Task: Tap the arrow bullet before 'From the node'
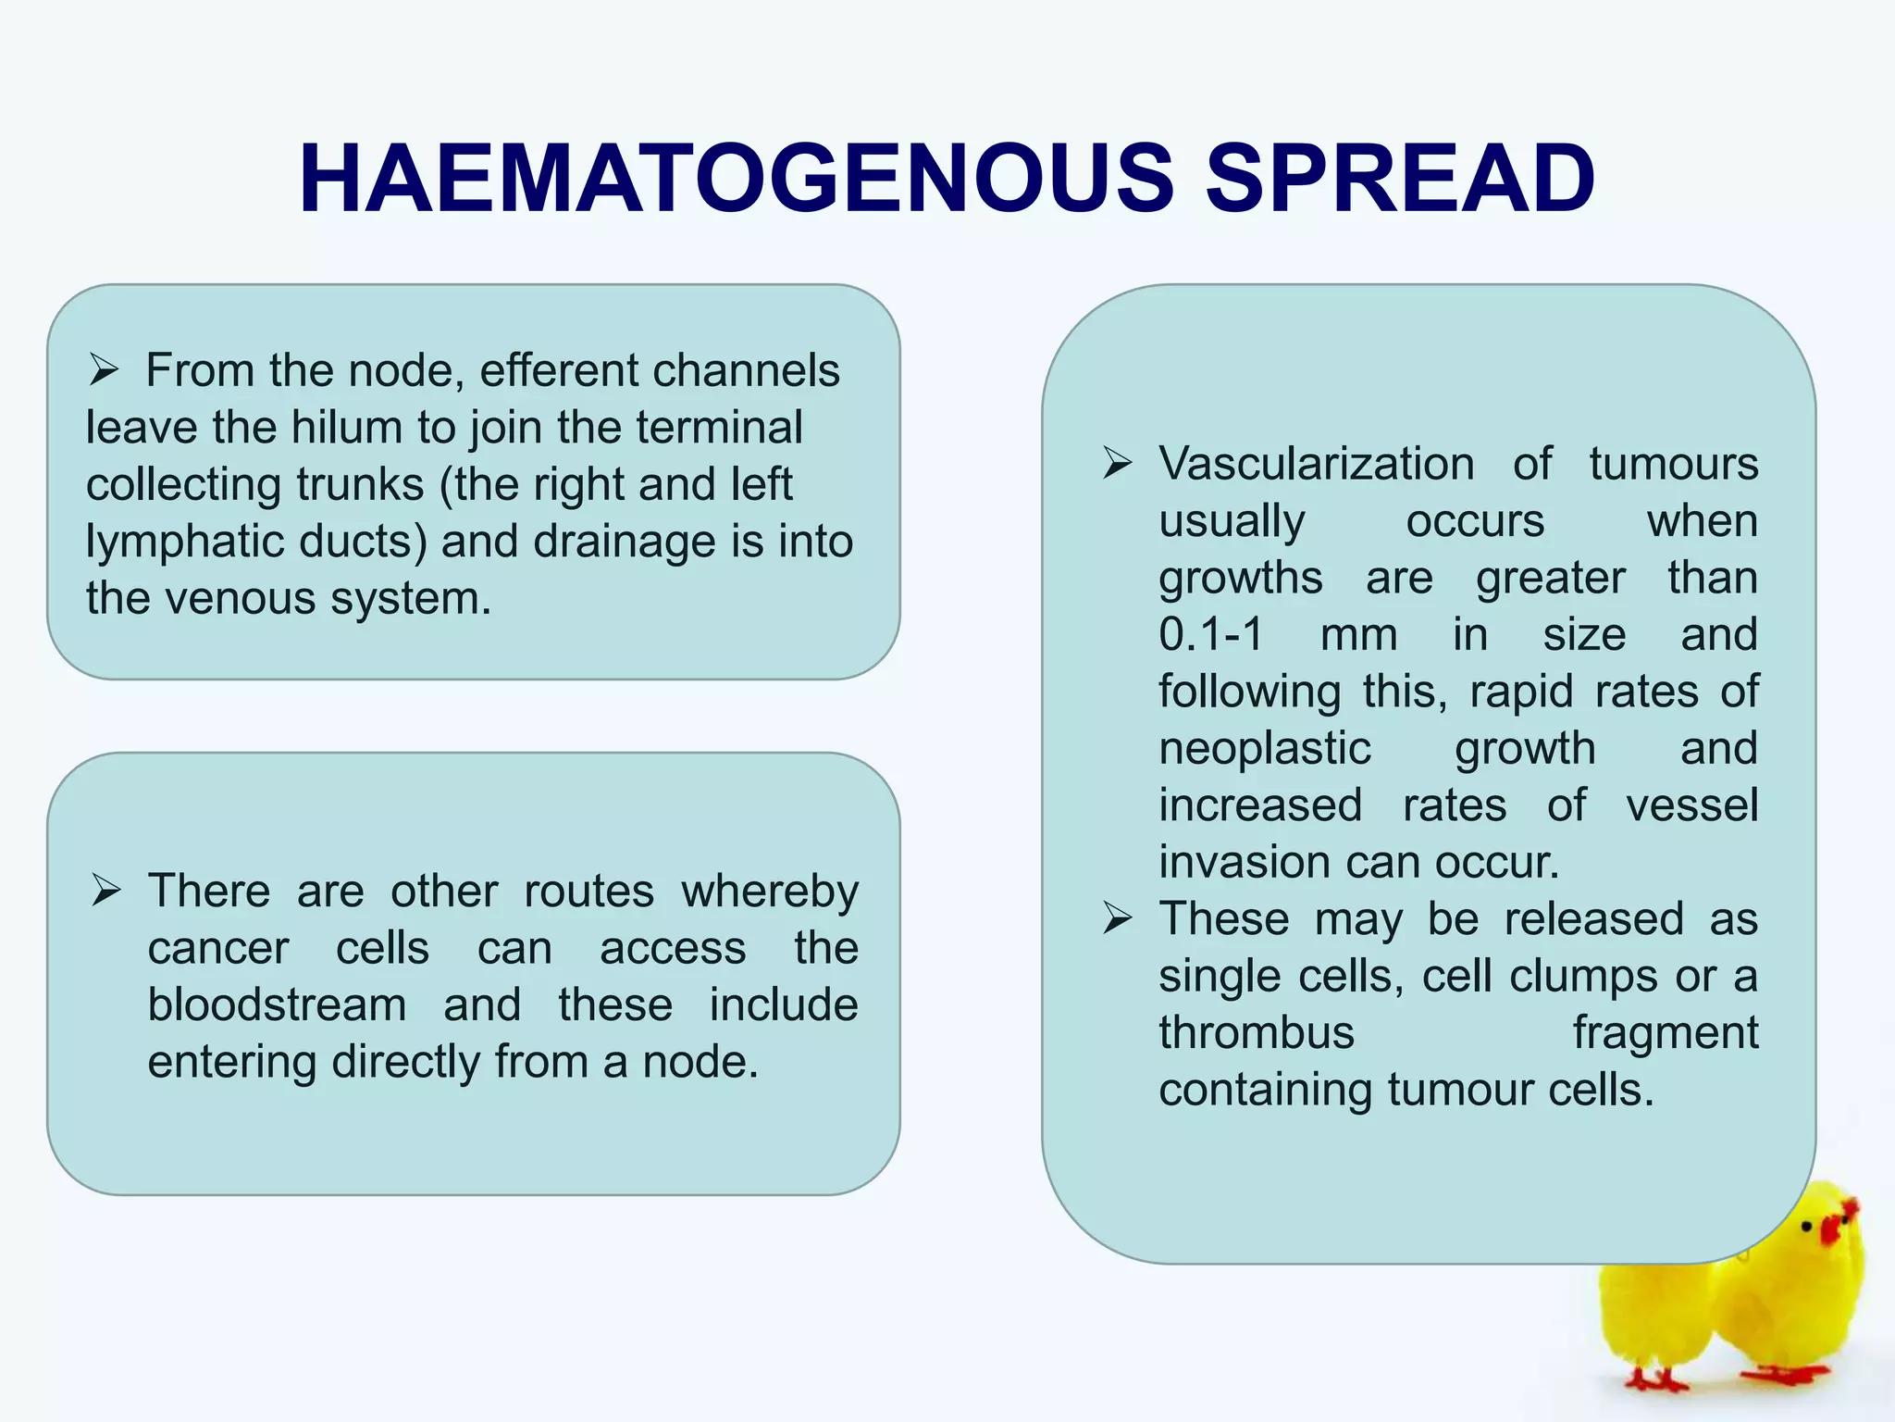click(x=104, y=371)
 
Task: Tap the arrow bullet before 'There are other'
click(x=106, y=892)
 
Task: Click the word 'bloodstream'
click(x=277, y=1005)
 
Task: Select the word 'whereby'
click(x=770, y=892)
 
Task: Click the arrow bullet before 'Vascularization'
click(x=1117, y=463)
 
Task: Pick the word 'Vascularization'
click(x=1316, y=463)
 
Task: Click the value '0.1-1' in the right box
click(x=1210, y=634)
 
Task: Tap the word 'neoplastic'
click(x=1264, y=748)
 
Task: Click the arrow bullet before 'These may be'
click(x=1117, y=919)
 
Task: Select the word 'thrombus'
click(x=1256, y=1033)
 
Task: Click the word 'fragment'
click(x=1665, y=1033)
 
